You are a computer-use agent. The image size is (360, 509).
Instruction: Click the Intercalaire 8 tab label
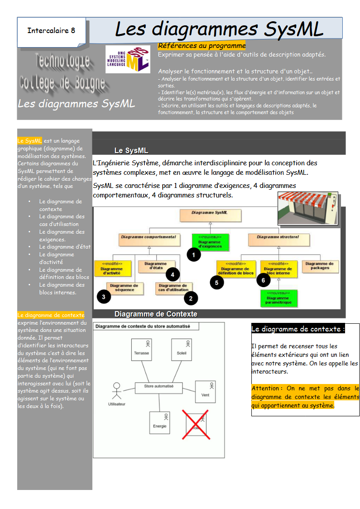(x=51, y=31)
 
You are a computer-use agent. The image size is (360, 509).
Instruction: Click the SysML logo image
(x=127, y=59)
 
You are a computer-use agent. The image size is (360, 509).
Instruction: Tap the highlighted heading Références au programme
(x=202, y=46)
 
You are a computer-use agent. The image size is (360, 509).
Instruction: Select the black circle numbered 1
(x=194, y=254)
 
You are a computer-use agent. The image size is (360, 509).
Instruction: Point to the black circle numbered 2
(x=191, y=298)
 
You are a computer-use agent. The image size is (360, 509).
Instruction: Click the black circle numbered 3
(x=104, y=297)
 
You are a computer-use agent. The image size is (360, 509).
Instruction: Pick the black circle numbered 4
(x=173, y=274)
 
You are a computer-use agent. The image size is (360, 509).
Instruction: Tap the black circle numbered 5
(x=217, y=282)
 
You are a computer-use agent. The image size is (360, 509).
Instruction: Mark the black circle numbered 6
(x=263, y=280)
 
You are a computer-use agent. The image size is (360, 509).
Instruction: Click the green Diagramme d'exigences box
(x=210, y=241)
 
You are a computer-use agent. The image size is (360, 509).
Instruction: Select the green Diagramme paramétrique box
(x=278, y=298)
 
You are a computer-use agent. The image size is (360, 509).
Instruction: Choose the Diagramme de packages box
(x=320, y=266)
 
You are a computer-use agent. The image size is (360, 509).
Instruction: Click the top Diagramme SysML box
(x=210, y=215)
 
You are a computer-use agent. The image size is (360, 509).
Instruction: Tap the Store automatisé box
(x=158, y=387)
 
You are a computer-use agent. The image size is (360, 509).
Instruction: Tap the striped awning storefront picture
(x=308, y=208)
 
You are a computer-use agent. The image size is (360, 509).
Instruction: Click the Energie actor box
(x=160, y=423)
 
